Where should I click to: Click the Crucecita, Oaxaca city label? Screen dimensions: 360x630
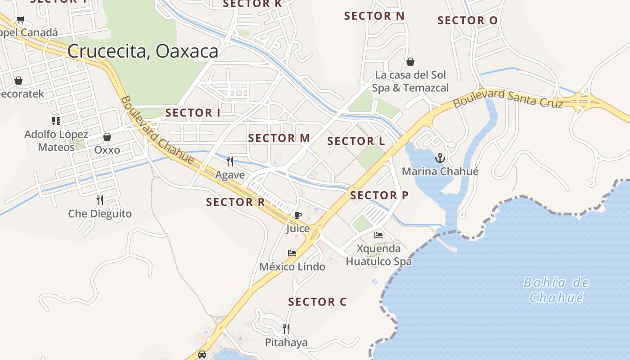(143, 51)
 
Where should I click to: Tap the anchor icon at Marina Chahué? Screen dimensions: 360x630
(440, 158)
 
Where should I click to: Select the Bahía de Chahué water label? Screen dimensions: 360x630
(556, 290)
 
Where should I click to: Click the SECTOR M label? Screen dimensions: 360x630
(279, 138)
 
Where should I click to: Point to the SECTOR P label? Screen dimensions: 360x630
(379, 195)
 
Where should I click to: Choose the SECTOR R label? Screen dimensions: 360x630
(235, 202)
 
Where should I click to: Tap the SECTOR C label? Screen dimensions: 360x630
(317, 302)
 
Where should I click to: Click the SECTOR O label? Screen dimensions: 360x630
(468, 21)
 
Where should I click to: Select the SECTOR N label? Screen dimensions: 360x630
(374, 16)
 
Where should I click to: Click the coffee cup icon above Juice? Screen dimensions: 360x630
(297, 215)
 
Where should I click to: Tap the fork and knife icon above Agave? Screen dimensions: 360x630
(230, 161)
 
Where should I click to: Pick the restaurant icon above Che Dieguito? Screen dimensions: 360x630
(100, 200)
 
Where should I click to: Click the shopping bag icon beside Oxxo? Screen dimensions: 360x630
(107, 137)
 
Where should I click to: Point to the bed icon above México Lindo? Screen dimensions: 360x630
(292, 253)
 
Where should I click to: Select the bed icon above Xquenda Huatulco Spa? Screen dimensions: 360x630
(378, 235)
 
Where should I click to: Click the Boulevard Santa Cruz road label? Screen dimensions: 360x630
(508, 99)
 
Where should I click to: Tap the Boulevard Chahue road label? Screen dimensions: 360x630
(157, 130)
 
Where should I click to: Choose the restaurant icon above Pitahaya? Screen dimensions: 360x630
(286, 329)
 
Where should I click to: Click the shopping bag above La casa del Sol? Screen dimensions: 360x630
(410, 62)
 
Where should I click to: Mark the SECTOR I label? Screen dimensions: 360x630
(193, 113)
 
